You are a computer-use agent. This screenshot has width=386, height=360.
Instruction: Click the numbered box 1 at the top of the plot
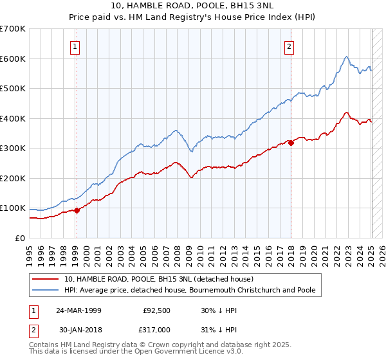pos(76,46)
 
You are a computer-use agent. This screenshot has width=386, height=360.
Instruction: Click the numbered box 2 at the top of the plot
pos(290,46)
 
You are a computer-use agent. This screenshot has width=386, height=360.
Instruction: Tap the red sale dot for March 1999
pos(77,210)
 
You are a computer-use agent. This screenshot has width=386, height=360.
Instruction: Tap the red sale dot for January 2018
pos(291,143)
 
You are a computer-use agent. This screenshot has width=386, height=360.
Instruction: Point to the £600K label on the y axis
pos(12,59)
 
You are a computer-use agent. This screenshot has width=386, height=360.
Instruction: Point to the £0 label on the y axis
pos(19,238)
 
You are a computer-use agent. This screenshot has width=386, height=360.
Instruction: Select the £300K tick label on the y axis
pos(12,148)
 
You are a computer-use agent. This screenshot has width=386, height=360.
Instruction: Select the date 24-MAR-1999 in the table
pos(78,309)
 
